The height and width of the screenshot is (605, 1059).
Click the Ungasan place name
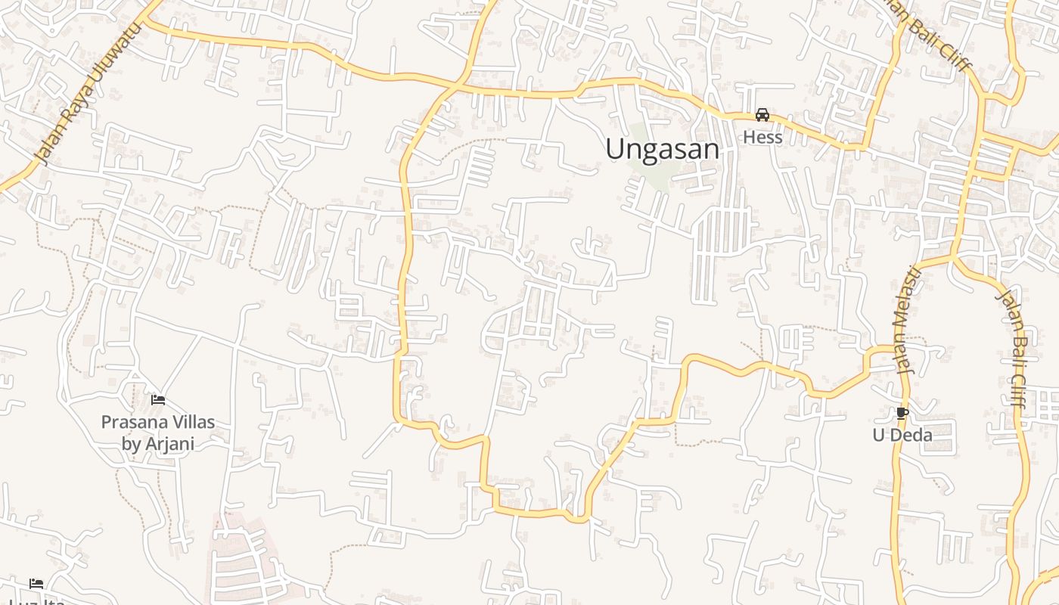pyautogui.click(x=662, y=149)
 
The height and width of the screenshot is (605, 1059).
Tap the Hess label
pyautogui.click(x=762, y=137)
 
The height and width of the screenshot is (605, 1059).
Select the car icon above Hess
pyautogui.click(x=762, y=115)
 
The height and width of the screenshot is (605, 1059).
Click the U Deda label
pyautogui.click(x=902, y=435)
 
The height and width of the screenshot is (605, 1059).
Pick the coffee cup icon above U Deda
pyautogui.click(x=902, y=413)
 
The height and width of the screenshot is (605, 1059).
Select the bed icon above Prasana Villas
pyautogui.click(x=158, y=399)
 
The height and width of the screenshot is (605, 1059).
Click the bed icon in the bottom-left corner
pyautogui.click(x=36, y=583)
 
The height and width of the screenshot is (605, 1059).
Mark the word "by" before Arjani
pyautogui.click(x=132, y=443)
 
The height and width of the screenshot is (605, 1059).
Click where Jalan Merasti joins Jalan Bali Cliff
pyautogui.click(x=952, y=257)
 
